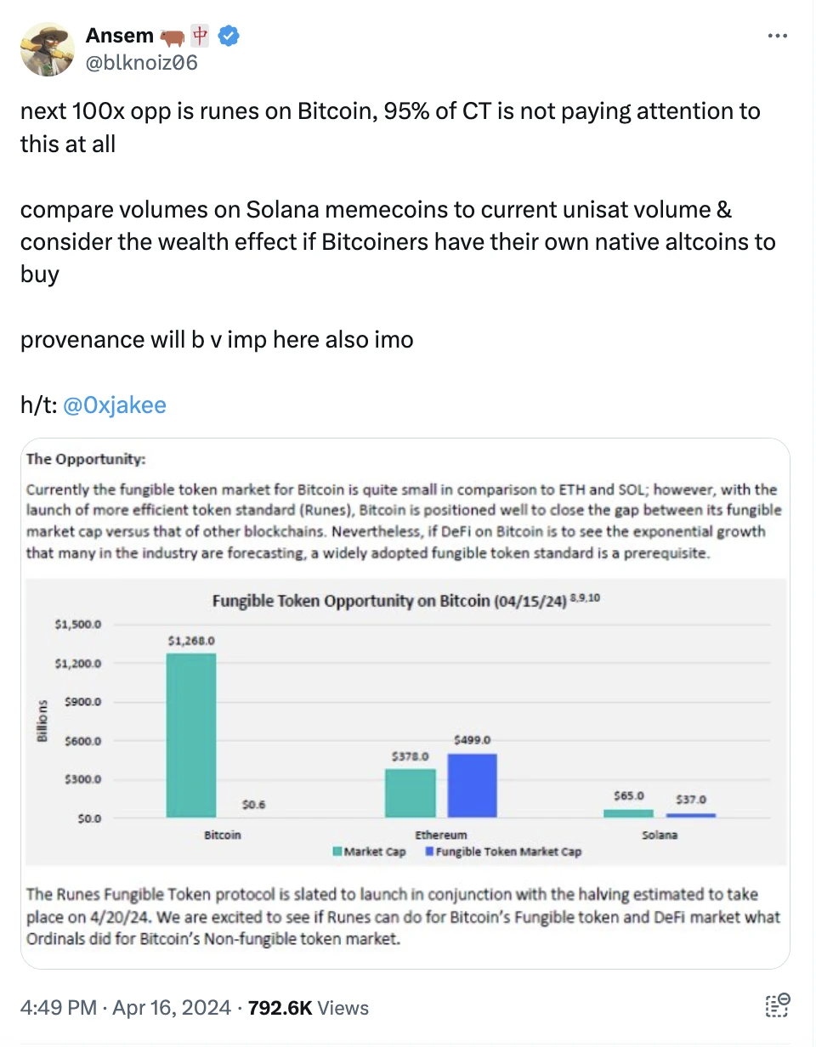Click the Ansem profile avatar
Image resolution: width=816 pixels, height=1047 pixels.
pyautogui.click(x=47, y=48)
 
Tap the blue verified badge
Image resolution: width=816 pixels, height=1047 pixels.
pyautogui.click(x=229, y=36)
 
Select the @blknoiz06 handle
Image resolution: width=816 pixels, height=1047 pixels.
pyautogui.click(x=141, y=62)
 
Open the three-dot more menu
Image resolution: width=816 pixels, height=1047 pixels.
pyautogui.click(x=778, y=37)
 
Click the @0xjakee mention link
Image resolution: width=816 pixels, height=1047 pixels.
pyautogui.click(x=115, y=405)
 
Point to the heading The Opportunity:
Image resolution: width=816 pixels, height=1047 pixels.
pyautogui.click(x=87, y=460)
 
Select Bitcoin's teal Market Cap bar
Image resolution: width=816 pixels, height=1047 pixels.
pyautogui.click(x=191, y=735)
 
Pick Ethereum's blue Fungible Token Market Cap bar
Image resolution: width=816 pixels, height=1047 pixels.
pyautogui.click(x=472, y=785)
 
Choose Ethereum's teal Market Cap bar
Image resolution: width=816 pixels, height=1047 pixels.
pyautogui.click(x=411, y=793)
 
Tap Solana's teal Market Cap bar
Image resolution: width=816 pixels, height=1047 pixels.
pyautogui.click(x=629, y=813)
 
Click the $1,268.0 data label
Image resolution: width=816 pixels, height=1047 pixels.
pyautogui.click(x=190, y=641)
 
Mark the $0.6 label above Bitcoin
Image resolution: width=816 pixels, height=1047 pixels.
pyautogui.click(x=253, y=804)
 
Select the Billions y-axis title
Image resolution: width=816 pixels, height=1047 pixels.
pyautogui.click(x=42, y=721)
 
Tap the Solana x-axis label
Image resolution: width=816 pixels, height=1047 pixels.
pyautogui.click(x=660, y=835)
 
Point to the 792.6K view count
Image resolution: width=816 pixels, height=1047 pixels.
pyautogui.click(x=281, y=1008)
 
